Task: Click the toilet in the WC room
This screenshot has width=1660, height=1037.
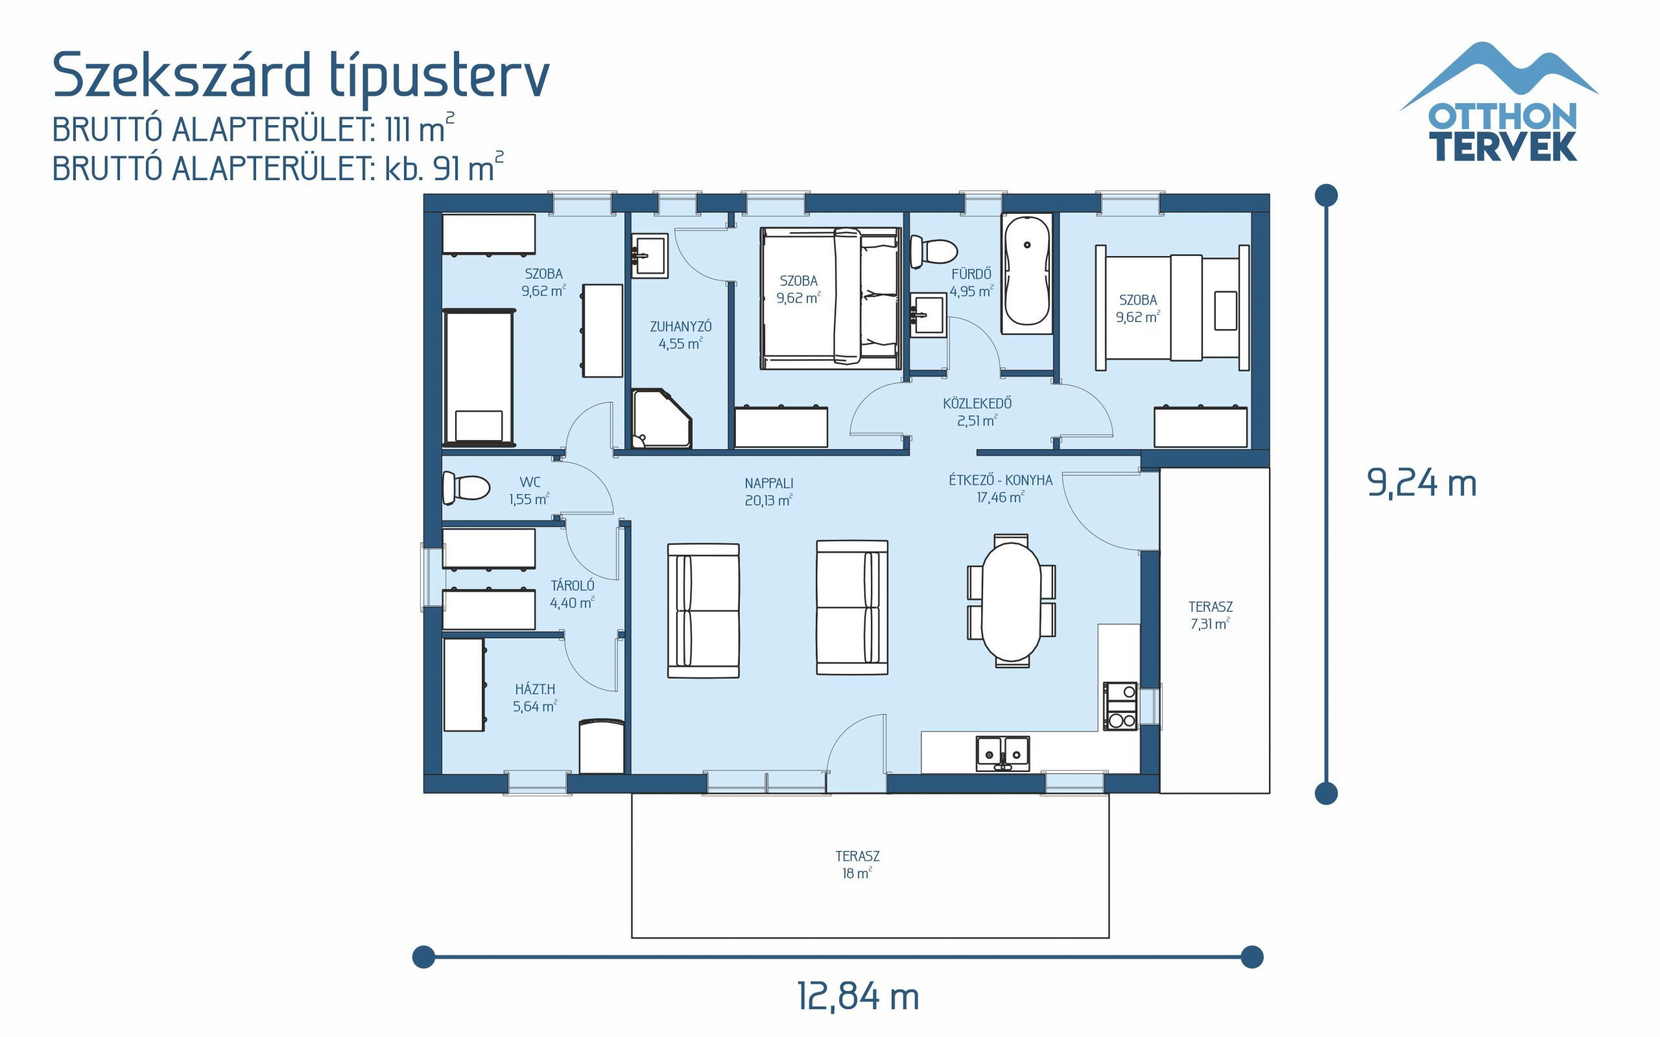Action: (466, 487)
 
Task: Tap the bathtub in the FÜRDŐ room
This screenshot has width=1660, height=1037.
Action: (1026, 273)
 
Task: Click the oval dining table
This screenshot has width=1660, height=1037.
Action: (1011, 601)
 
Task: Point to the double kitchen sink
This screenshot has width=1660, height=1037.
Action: (1003, 752)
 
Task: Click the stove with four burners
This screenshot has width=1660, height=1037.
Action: (1120, 706)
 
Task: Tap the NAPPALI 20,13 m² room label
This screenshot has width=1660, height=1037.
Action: (768, 492)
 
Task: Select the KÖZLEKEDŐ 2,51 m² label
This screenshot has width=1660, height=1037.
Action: (977, 412)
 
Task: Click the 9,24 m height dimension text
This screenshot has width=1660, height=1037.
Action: (1421, 483)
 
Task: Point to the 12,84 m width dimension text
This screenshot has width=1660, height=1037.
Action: (857, 997)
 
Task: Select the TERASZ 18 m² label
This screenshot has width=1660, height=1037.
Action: (857, 864)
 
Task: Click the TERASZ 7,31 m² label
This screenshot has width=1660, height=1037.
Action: (1210, 615)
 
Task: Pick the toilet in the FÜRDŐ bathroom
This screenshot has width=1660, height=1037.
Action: (933, 251)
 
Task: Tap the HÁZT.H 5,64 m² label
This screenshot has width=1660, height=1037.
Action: (535, 697)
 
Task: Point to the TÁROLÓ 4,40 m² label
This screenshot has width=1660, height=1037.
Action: (572, 594)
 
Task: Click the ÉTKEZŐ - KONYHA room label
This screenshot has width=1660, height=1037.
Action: (1000, 488)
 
